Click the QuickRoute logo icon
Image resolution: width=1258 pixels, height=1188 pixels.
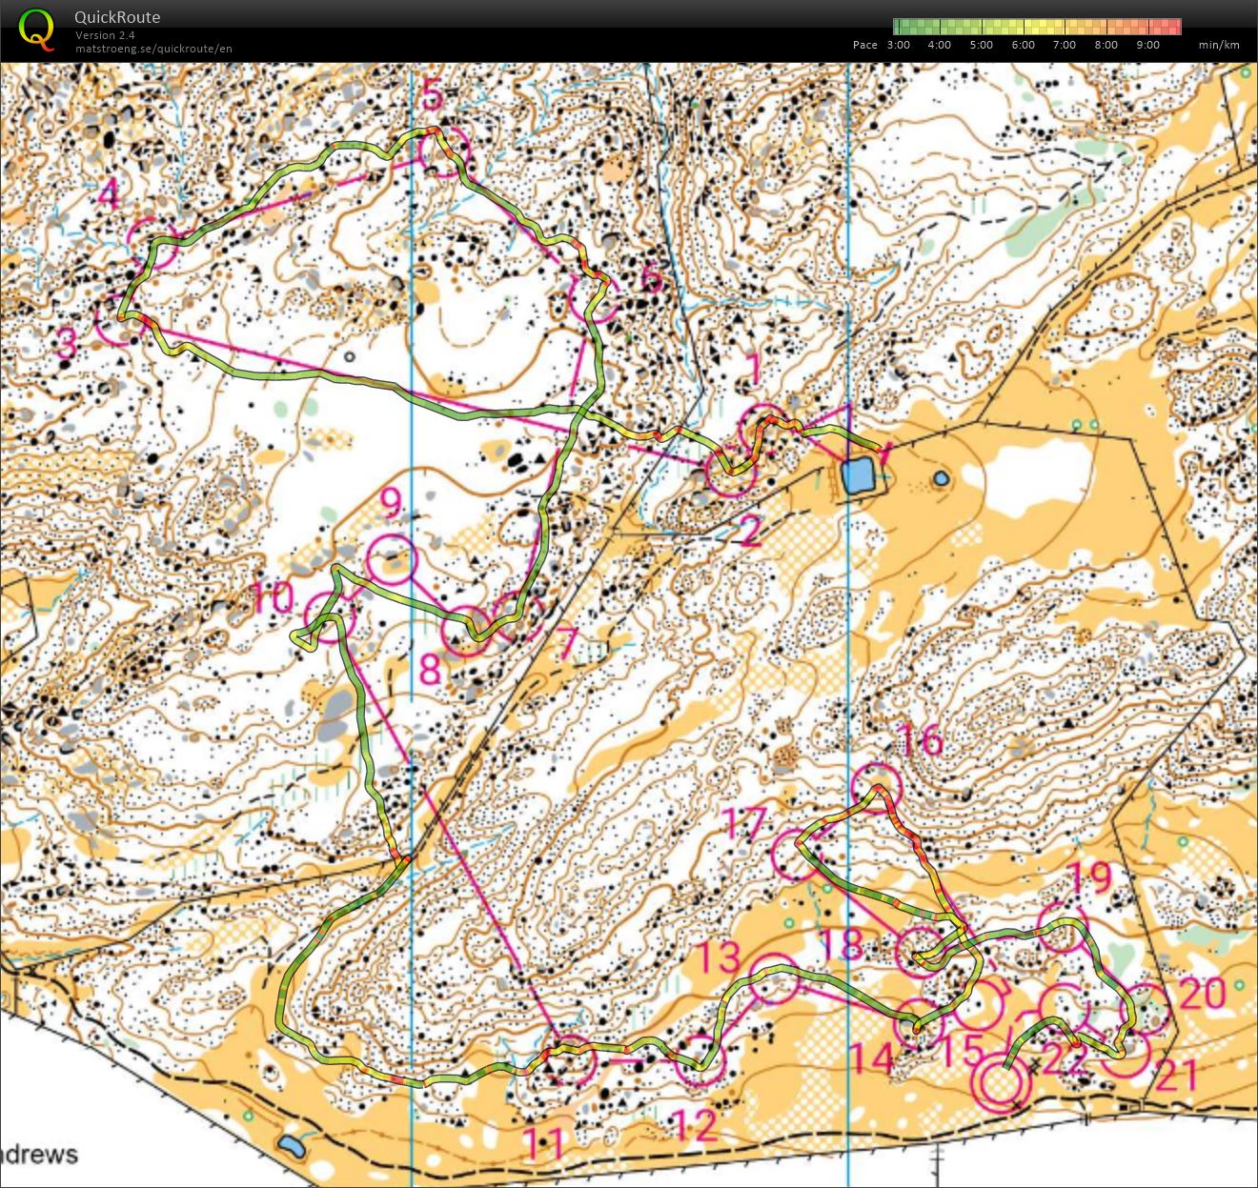click(36, 29)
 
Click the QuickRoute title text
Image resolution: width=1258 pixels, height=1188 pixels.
click(117, 17)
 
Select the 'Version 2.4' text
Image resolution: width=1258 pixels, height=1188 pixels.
click(105, 35)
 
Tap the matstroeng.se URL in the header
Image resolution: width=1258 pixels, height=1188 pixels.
click(153, 49)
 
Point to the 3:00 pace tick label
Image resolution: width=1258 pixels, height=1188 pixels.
click(898, 45)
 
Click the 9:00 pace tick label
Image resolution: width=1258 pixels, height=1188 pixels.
click(1147, 45)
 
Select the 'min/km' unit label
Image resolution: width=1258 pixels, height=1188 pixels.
click(1219, 45)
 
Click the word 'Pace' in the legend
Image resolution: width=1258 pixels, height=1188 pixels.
click(864, 45)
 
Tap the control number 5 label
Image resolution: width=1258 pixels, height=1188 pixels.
click(432, 96)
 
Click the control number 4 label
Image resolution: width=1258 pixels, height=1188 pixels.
click(109, 195)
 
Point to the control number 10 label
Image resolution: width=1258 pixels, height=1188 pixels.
click(274, 598)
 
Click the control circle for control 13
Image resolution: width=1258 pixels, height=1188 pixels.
click(773, 978)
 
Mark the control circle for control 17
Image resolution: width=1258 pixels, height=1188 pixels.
click(795, 855)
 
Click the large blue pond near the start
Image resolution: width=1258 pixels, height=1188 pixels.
click(858, 474)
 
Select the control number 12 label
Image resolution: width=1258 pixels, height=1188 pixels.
click(695, 1125)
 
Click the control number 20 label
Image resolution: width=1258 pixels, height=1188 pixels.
click(1201, 993)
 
